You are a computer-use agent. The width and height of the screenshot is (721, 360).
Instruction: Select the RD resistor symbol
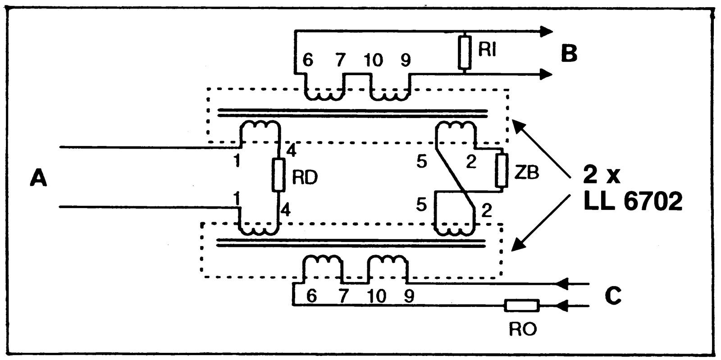[278, 175]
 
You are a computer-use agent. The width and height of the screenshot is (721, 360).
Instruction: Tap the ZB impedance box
[501, 170]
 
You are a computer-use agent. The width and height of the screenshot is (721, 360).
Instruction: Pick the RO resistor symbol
[521, 306]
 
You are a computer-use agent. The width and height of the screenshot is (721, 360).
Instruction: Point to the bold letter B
[569, 54]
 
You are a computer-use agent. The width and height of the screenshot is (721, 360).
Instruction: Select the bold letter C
[613, 296]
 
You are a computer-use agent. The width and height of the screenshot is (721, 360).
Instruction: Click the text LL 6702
[632, 203]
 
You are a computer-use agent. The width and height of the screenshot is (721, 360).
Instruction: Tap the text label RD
[305, 178]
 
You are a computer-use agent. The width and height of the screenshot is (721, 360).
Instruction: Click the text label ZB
[526, 173]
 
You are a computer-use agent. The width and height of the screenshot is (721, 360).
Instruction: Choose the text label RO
[523, 330]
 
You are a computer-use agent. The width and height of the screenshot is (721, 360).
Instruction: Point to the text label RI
[487, 50]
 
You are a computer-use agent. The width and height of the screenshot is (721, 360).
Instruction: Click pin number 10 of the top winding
[373, 60]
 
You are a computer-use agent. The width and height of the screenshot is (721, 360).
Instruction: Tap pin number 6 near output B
[307, 60]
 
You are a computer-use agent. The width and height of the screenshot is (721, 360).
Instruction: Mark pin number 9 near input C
[409, 296]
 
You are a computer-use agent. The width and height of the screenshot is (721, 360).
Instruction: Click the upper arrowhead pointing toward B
[546, 31]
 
